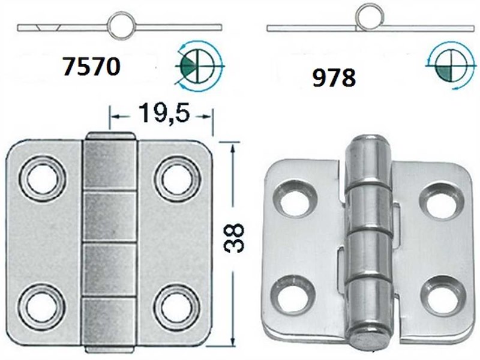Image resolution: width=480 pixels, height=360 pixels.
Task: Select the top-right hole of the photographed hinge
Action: point(438,202)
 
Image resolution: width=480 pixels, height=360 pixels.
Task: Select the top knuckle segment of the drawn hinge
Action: point(109,165)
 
